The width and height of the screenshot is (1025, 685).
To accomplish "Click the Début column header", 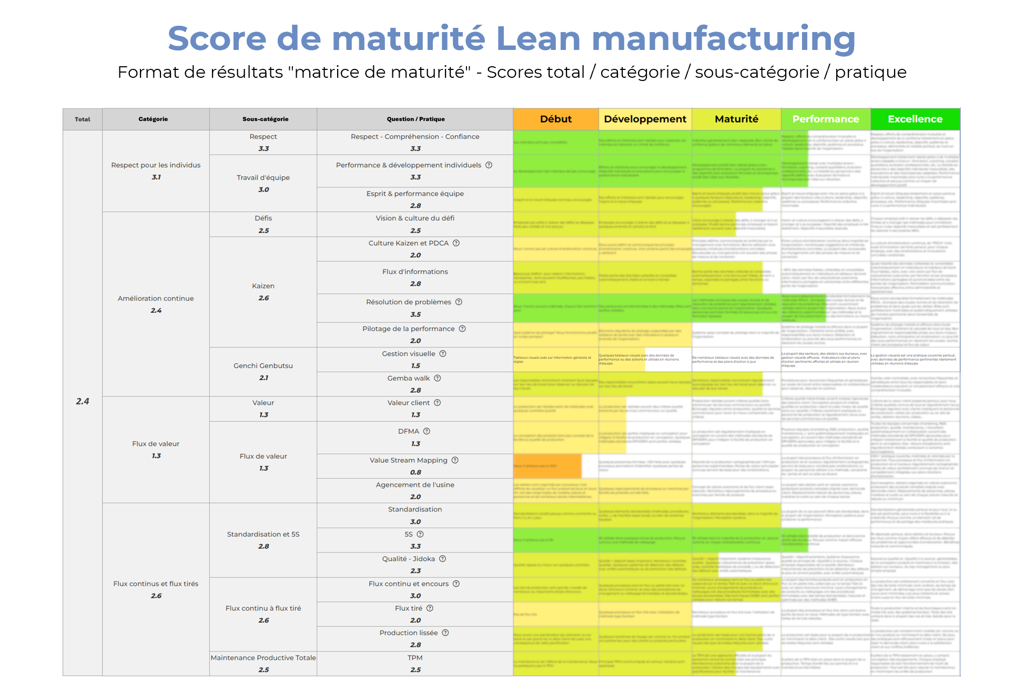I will [x=555, y=119].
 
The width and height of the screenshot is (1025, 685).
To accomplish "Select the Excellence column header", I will [x=915, y=119].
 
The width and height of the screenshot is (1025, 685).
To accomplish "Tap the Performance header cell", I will [x=825, y=119].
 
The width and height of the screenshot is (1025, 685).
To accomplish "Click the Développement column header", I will [x=645, y=119].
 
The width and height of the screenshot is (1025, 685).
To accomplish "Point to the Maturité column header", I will [x=736, y=119].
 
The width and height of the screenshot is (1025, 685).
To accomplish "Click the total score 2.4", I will [x=83, y=402].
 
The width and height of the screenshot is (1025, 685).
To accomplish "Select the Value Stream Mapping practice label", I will [x=408, y=461].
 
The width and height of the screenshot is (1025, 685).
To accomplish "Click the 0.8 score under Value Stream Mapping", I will [x=415, y=473].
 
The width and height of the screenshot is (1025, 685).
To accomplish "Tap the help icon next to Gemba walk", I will [x=438, y=379].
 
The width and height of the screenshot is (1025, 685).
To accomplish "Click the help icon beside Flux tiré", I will [x=430, y=608].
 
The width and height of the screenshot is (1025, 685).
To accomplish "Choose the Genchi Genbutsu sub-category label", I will [x=263, y=366].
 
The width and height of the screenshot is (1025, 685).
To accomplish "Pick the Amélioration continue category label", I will [x=156, y=299].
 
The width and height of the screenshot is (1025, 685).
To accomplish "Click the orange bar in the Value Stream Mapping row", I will [x=547, y=466].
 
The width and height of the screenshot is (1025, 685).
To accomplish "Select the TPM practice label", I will [x=415, y=658].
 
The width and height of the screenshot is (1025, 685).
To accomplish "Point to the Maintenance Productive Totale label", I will [x=263, y=658].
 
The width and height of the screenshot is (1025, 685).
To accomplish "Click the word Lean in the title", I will [x=538, y=39].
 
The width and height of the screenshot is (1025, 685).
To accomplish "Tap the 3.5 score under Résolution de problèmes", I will [x=415, y=315].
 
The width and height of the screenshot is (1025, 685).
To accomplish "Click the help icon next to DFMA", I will [x=427, y=432].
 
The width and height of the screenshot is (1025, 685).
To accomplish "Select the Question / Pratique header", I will [x=415, y=119].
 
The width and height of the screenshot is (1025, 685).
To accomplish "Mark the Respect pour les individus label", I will [x=156, y=165].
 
